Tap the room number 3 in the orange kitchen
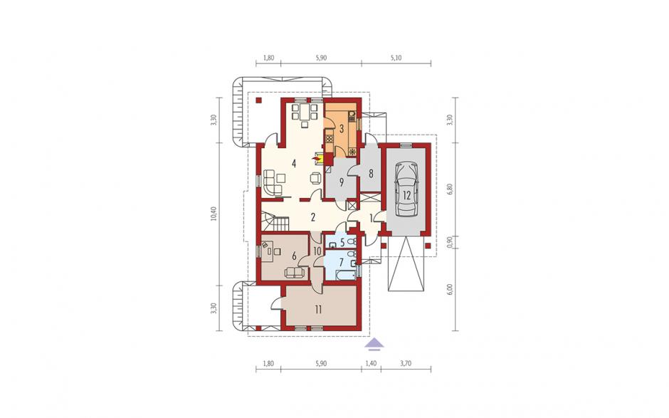pos(342,127)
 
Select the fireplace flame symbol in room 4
pos(316,158)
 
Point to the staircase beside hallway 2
pos(275,222)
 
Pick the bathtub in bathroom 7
pos(345,275)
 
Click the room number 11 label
pos(318,310)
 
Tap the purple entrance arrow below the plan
pos(375,343)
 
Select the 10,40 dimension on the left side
pos(214,214)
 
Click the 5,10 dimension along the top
pos(396,58)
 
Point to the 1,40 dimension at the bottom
pos(372,363)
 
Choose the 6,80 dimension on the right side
pos(448,189)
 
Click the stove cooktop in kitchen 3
pos(329,138)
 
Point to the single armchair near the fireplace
pos(315,177)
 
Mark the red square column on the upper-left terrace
pos(258,101)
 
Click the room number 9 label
pos(342,182)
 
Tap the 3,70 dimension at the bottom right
pos(406,363)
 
